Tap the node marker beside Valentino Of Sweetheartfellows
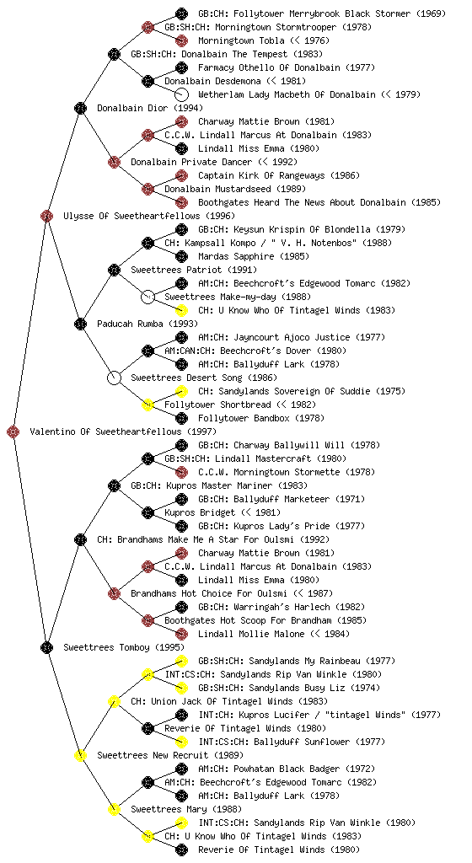[x=13, y=431]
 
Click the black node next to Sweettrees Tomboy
[x=46, y=647]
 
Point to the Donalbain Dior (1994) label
[x=150, y=108]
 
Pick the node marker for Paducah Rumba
[x=80, y=324]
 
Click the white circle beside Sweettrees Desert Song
[x=114, y=378]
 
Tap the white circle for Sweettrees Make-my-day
[x=147, y=297]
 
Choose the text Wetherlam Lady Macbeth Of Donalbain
[x=287, y=94]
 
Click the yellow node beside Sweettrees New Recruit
[x=80, y=755]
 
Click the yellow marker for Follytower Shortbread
[x=147, y=405]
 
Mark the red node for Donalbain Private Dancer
[x=114, y=162]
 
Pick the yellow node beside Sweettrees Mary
[x=114, y=809]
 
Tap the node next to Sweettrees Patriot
[x=114, y=270]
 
